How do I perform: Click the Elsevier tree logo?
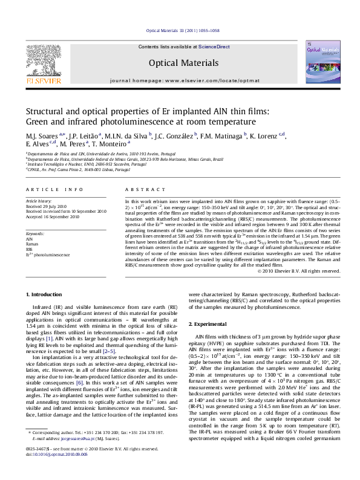point(42,60)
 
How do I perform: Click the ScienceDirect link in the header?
point(215,47)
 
